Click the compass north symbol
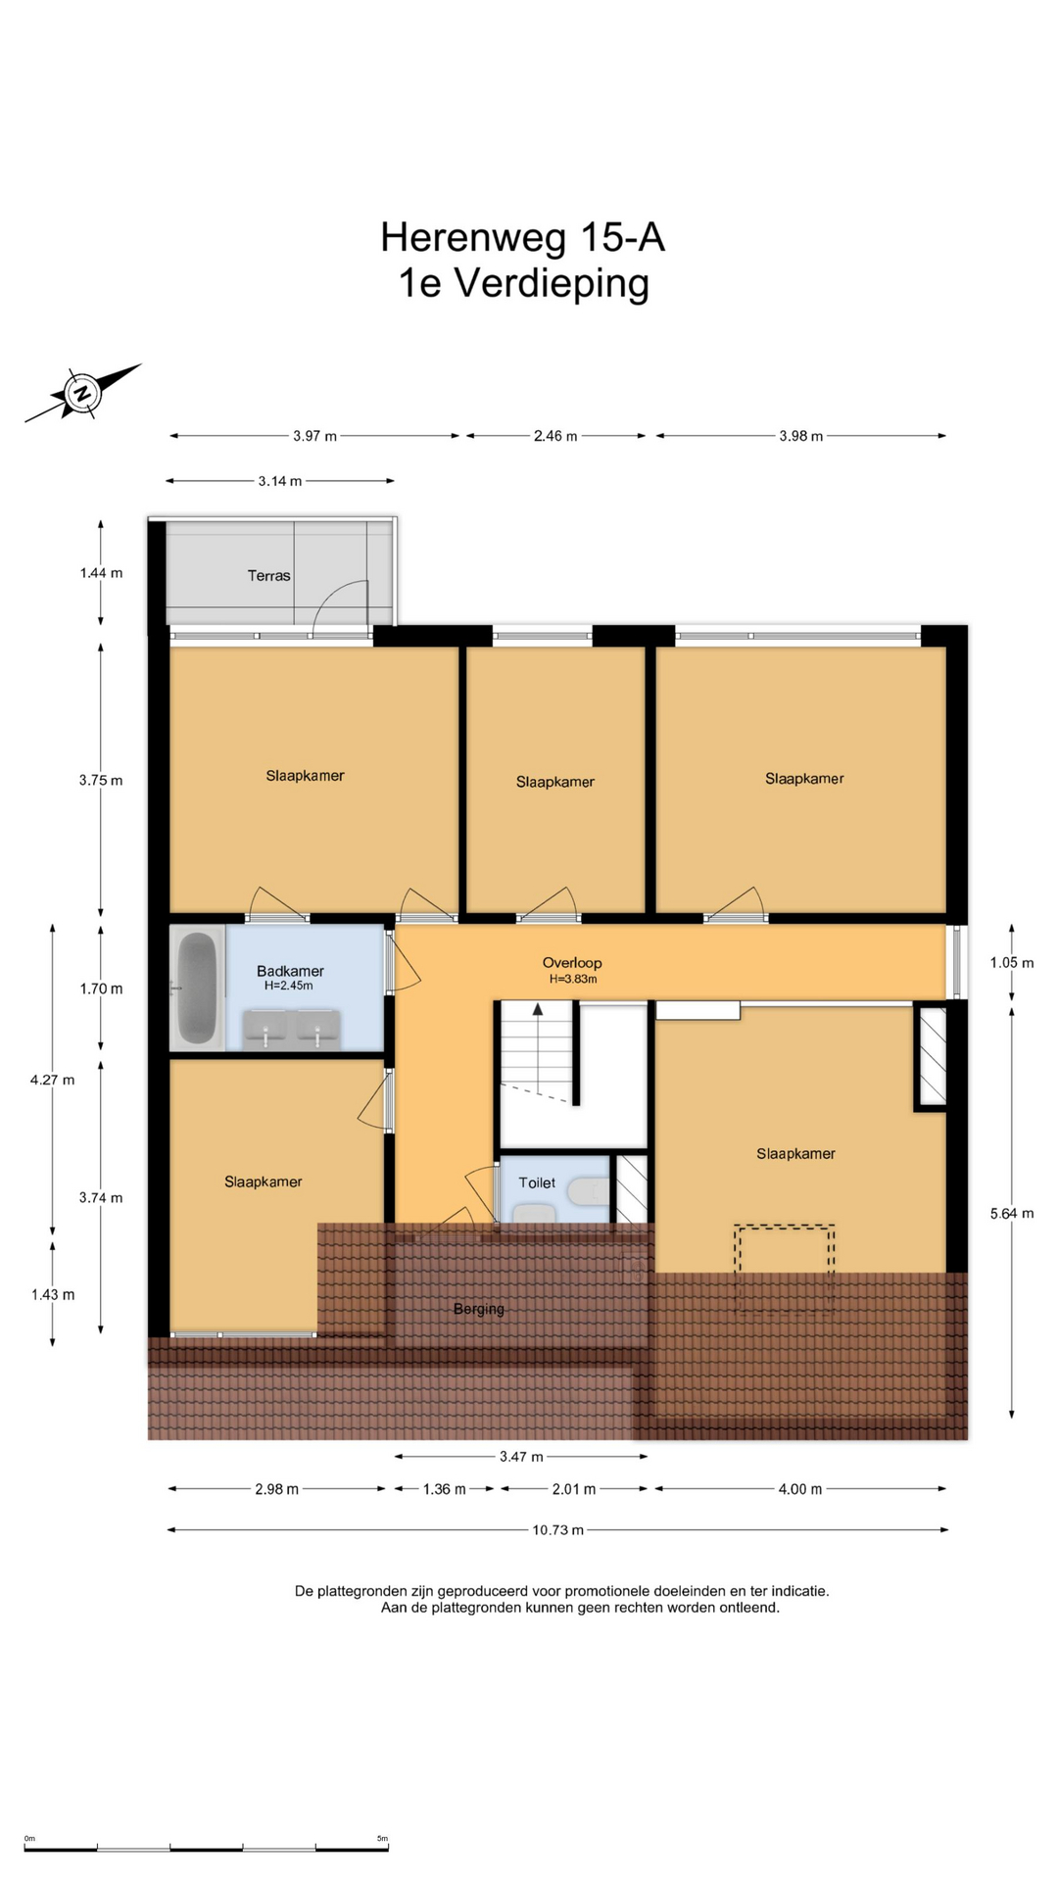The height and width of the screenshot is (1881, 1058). (x=83, y=393)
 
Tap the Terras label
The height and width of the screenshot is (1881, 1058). (x=268, y=576)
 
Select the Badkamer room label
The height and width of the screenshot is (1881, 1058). (x=290, y=971)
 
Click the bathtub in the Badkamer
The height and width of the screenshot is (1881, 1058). (x=197, y=988)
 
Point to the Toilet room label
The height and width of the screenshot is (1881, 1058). (x=537, y=1182)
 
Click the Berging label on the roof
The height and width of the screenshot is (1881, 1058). (x=479, y=1309)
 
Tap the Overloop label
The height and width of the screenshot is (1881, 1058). (x=572, y=962)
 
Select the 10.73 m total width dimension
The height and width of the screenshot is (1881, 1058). (x=557, y=1529)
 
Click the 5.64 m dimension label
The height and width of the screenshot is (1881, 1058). (x=1012, y=1213)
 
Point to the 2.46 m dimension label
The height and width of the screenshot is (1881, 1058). (x=555, y=436)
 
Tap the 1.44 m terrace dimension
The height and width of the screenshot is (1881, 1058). (x=101, y=572)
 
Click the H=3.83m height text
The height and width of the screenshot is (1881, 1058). (x=573, y=979)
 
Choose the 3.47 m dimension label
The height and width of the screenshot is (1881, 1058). (x=521, y=1457)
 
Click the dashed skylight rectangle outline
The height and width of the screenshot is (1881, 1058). (x=785, y=1226)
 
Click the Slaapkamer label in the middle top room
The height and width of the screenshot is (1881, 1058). (x=555, y=782)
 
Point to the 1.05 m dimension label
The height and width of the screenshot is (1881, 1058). (x=1012, y=962)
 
